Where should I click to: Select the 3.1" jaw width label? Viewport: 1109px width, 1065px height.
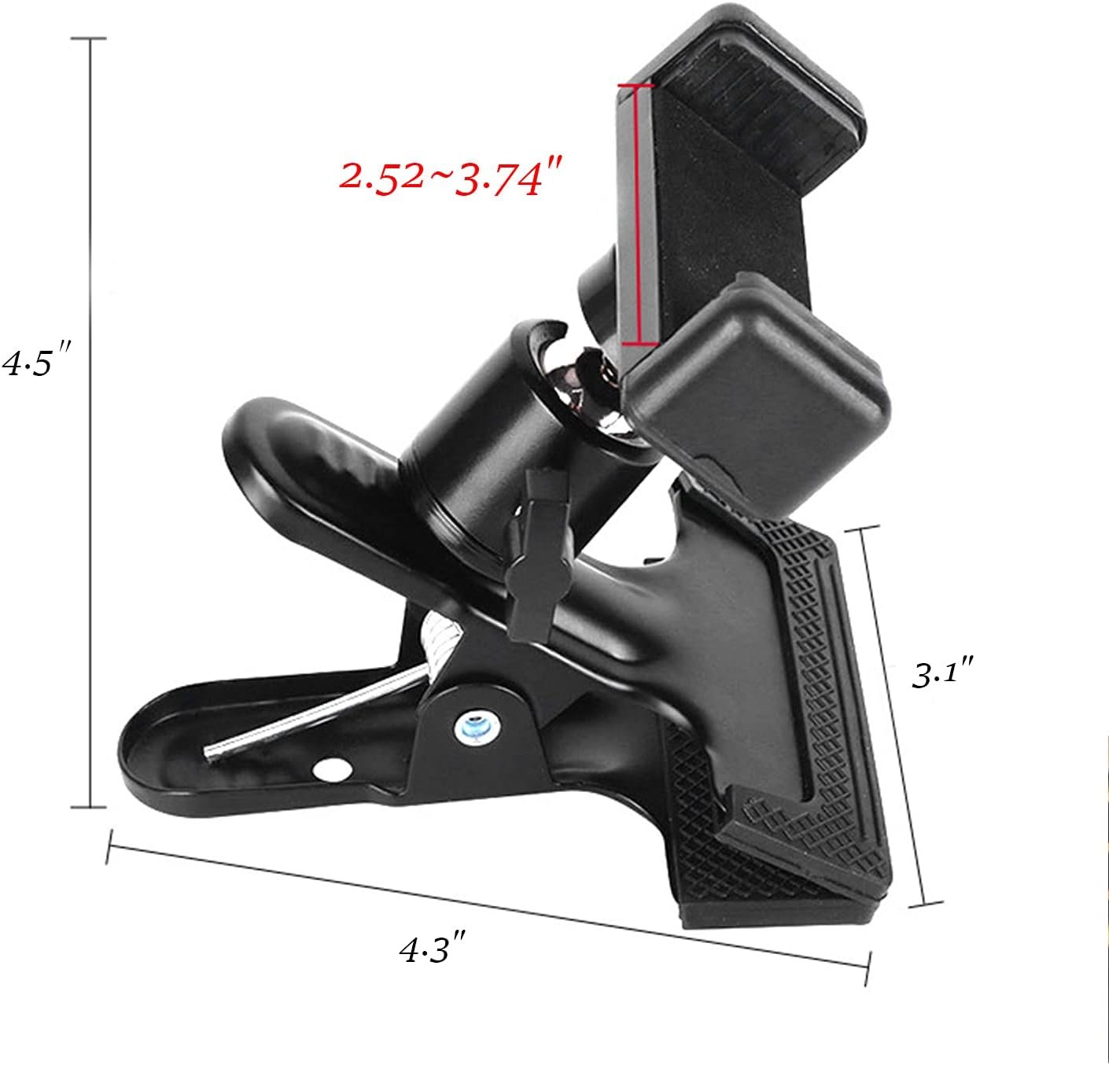[943, 674]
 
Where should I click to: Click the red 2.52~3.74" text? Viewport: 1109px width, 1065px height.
[452, 179]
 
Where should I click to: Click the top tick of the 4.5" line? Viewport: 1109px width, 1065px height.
[93, 38]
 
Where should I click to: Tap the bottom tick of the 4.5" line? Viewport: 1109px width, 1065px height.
[93, 806]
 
